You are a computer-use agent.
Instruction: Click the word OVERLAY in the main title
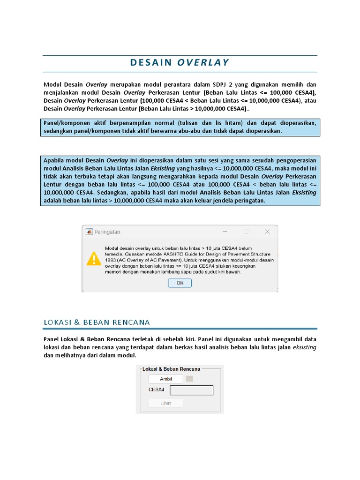pos(203,62)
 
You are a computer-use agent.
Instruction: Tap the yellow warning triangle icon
pos(94,259)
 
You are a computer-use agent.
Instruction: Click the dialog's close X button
pos(267,232)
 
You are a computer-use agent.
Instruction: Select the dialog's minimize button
pos(225,232)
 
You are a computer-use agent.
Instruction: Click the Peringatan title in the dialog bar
pos(107,232)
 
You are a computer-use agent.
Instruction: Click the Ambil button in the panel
pos(165,379)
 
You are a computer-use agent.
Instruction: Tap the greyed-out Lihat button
pos(165,403)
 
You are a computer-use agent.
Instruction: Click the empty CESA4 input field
pos(191,390)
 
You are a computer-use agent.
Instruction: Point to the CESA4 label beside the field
pos(157,390)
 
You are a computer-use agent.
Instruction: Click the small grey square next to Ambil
pos(189,379)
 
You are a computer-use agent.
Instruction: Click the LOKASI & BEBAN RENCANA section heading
pos(97,322)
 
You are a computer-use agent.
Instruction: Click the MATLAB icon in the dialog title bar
pos(89,232)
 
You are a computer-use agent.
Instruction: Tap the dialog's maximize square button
pos(246,232)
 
